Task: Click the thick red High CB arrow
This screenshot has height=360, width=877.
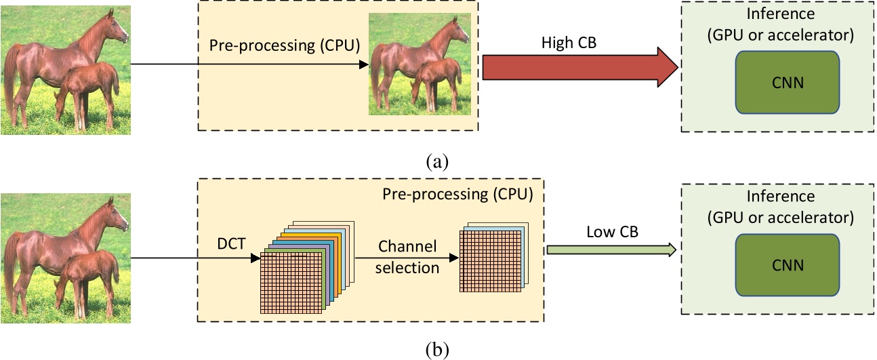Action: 576,68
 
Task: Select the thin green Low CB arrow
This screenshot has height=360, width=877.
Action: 610,250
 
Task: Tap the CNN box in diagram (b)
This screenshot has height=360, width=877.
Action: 787,264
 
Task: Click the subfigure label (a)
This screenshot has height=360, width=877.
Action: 437,161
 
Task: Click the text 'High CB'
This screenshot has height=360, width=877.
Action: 567,42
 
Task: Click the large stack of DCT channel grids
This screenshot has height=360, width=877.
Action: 302,268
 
